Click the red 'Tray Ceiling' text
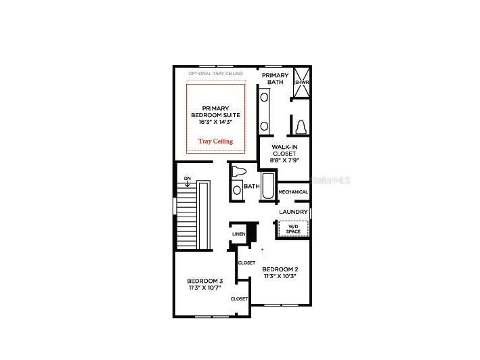[215, 141]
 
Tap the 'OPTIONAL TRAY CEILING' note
[215, 73]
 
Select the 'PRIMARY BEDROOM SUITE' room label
[215, 112]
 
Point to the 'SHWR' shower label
[301, 83]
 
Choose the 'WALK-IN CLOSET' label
[284, 150]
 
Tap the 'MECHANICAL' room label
[293, 192]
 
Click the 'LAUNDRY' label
[293, 212]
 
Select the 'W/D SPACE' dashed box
[293, 229]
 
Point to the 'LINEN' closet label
[238, 234]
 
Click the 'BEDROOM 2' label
[280, 270]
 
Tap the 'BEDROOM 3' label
[205, 281]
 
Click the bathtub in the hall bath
[269, 187]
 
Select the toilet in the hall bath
[238, 172]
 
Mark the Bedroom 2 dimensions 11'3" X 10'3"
[280, 277]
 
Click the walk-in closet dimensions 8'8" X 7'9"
[284, 160]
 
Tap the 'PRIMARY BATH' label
[276, 78]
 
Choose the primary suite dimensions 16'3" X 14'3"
[215, 122]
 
